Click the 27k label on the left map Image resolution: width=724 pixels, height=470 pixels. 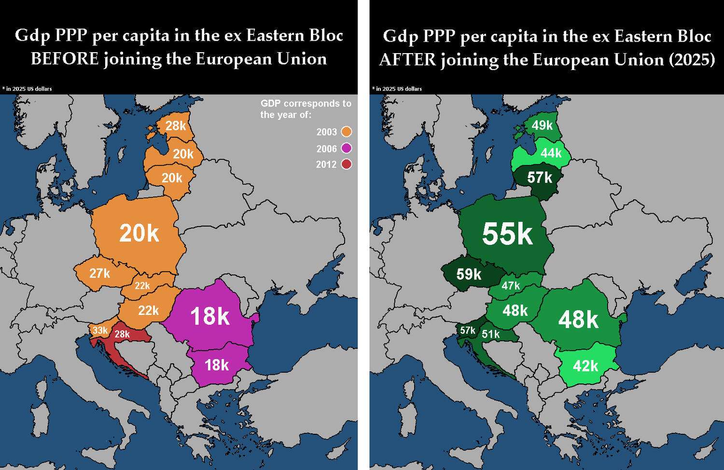[99, 273]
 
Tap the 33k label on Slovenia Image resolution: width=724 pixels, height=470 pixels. [100, 330]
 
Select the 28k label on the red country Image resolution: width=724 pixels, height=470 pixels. [122, 334]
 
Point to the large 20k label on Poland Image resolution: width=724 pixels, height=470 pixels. [139, 233]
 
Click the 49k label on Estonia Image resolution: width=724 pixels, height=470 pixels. [542, 126]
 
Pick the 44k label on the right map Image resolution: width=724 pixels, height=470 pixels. [551, 153]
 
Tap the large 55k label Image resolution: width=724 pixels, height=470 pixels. [507, 234]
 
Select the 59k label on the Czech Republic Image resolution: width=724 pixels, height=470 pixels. [469, 274]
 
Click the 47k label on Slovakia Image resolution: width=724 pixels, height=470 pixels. [511, 285]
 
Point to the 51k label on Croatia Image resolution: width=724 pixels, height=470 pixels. [490, 334]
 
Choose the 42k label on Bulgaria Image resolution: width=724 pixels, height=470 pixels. [585, 366]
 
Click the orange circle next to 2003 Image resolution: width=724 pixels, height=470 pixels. [346, 132]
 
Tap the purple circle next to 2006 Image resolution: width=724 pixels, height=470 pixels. [346, 148]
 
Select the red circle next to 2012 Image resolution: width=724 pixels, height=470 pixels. [346, 164]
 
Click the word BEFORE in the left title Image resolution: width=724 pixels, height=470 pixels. [65, 59]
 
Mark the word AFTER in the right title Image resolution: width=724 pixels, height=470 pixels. [407, 60]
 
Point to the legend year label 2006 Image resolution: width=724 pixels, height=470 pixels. [327, 149]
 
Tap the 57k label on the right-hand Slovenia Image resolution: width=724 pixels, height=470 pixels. [467, 330]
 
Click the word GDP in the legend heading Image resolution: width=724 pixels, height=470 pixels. [271, 103]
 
